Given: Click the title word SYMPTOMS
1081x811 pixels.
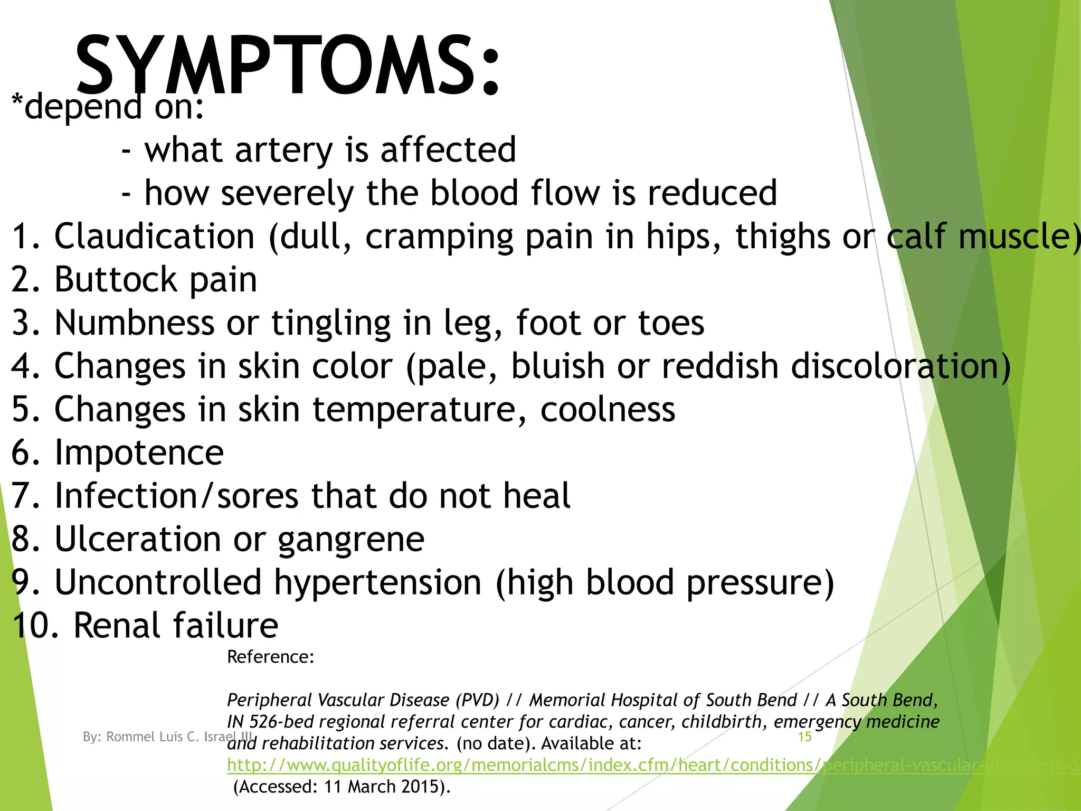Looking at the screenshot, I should pos(288,66).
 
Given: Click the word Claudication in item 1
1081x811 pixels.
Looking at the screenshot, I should pos(155,236).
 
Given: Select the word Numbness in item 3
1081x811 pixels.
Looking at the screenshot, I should pos(134,323).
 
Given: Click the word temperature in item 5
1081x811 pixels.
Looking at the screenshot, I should pos(420,409).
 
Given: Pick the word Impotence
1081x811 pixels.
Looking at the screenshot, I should pos(139,452).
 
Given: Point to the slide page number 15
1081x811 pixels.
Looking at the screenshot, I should pos(804,737).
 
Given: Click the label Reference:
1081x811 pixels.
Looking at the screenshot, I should pos(270,657).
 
